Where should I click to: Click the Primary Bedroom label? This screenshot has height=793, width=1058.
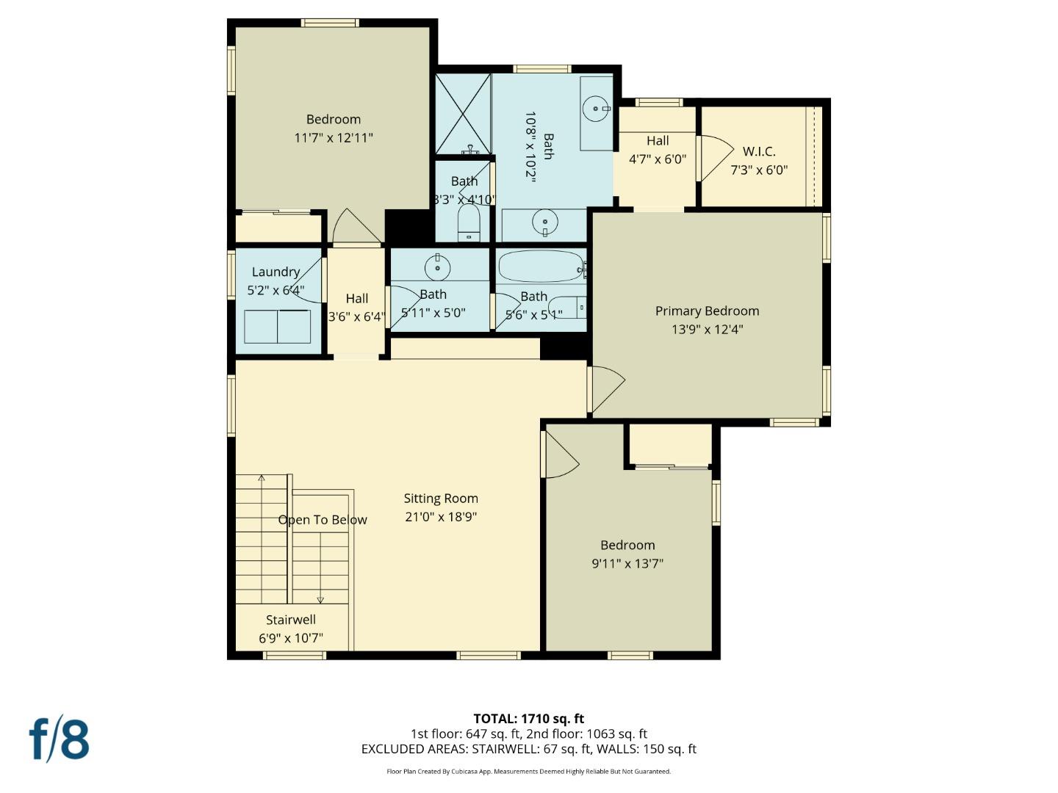[707, 311]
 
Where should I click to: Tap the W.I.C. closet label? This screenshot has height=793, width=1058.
[758, 151]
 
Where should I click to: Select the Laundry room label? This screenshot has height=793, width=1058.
[276, 272]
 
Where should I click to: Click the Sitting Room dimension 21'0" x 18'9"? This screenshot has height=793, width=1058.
[441, 517]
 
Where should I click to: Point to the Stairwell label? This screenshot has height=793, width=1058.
[291, 620]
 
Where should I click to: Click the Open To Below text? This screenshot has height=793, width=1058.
[323, 520]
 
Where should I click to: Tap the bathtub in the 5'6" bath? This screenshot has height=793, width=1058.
[541, 267]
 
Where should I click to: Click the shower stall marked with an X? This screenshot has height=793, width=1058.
[463, 114]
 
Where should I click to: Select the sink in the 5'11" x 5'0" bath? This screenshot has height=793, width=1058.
[438, 268]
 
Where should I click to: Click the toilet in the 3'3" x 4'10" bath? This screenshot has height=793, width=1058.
[469, 222]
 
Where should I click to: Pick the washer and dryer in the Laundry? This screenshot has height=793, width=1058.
[277, 326]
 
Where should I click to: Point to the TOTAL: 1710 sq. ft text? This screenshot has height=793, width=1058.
[528, 719]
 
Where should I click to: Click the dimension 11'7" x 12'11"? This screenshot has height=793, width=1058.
[334, 137]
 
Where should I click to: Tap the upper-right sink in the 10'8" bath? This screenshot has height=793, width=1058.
[595, 109]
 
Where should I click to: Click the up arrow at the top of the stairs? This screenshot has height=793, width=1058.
[262, 479]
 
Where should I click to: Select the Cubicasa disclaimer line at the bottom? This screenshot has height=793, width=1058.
[528, 772]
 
